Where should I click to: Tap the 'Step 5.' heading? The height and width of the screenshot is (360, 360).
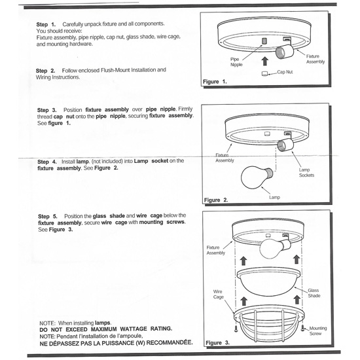(48, 215)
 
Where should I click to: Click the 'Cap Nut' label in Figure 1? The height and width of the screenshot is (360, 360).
(287, 73)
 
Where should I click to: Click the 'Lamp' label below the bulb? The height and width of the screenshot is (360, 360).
(274, 196)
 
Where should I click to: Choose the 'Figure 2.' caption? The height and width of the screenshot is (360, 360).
(216, 200)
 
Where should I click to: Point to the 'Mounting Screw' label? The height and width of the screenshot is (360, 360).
(318, 331)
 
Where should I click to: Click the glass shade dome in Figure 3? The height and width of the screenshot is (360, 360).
(268, 283)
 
